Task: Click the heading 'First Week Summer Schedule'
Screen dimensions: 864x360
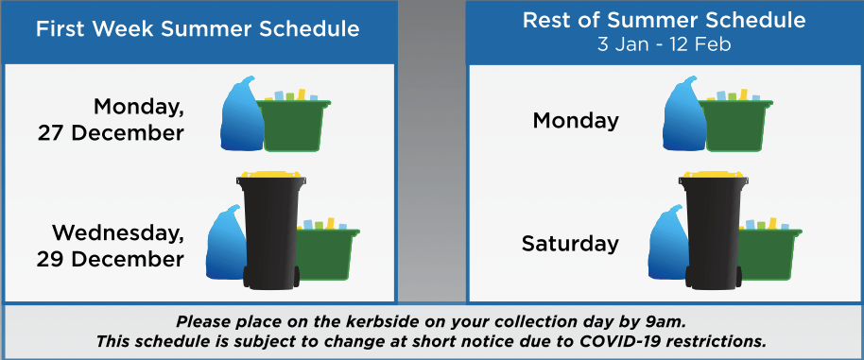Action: pos(198,29)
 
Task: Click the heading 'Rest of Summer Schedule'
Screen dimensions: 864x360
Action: pos(664,21)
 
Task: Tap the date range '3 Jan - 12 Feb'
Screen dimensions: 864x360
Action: pos(664,44)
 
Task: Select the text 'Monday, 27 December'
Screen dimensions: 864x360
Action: pos(111,120)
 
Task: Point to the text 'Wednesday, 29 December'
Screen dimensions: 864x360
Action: pos(111,246)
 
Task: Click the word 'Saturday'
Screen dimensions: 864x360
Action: pos(570,244)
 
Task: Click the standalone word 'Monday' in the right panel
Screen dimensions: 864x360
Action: pos(576,121)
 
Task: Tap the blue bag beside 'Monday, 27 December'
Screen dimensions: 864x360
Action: pos(241,114)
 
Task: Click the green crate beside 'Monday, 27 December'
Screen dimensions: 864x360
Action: pos(293,122)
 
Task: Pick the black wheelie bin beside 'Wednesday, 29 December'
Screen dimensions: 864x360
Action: pos(271,231)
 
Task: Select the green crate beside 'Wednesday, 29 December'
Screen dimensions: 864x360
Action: pos(327,250)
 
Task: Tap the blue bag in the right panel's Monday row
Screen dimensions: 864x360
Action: pos(683,114)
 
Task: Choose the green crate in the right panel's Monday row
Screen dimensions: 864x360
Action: pos(735,122)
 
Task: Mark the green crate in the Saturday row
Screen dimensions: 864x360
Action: pos(769,250)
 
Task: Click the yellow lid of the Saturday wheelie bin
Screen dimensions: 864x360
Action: pos(714,175)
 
